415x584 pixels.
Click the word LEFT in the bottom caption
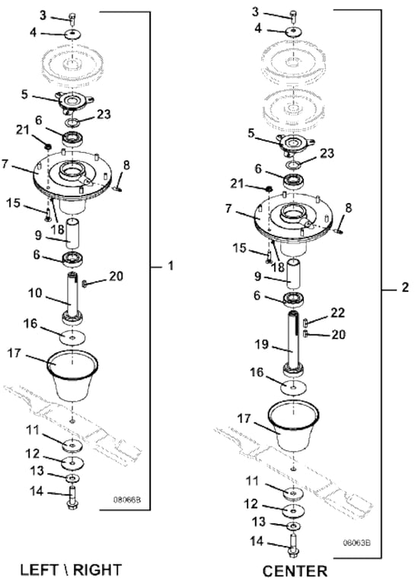pos(38,570)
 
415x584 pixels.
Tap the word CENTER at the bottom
pos(295,571)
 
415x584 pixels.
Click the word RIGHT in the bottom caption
pos(97,570)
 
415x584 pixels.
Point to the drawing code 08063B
pos(357,543)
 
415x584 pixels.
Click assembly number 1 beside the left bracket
pos(171,266)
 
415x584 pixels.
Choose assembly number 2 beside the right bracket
pos(404,287)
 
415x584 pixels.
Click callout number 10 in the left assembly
pos(35,293)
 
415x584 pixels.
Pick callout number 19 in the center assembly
pos(261,344)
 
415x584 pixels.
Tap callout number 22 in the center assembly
pos(338,313)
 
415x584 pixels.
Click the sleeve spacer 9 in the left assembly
pos(72,233)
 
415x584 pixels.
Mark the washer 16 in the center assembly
pos(293,387)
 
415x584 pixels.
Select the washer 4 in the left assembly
pos(72,34)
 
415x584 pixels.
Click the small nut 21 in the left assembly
pos(47,146)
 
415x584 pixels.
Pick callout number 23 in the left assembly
pos(104,113)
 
